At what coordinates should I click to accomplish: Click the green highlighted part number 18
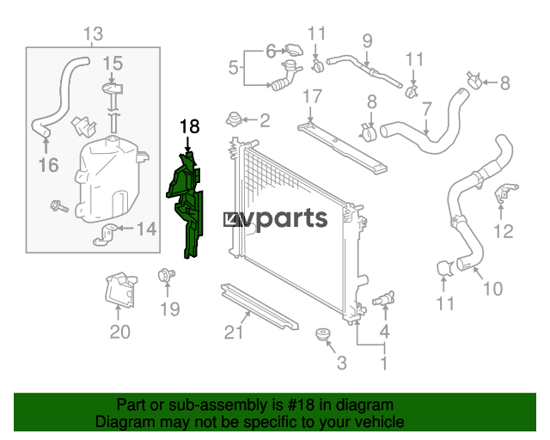(x=186, y=205)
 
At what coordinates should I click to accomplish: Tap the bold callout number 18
(x=189, y=126)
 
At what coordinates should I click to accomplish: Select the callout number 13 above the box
(x=94, y=34)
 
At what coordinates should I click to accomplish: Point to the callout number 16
(x=48, y=165)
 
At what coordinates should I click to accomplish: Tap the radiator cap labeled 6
(x=294, y=50)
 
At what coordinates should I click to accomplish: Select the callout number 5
(x=233, y=67)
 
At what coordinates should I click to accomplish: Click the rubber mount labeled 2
(x=234, y=119)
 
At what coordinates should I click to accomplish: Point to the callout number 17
(x=312, y=96)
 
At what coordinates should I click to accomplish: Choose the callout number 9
(x=367, y=41)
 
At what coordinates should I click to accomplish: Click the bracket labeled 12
(x=505, y=193)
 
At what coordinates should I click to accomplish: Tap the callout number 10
(x=492, y=289)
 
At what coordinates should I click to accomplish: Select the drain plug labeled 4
(x=384, y=299)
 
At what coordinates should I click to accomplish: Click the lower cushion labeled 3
(x=322, y=334)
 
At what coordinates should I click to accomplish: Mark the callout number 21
(x=234, y=332)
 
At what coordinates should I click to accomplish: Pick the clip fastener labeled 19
(x=166, y=275)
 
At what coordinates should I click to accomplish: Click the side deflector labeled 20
(x=121, y=290)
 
